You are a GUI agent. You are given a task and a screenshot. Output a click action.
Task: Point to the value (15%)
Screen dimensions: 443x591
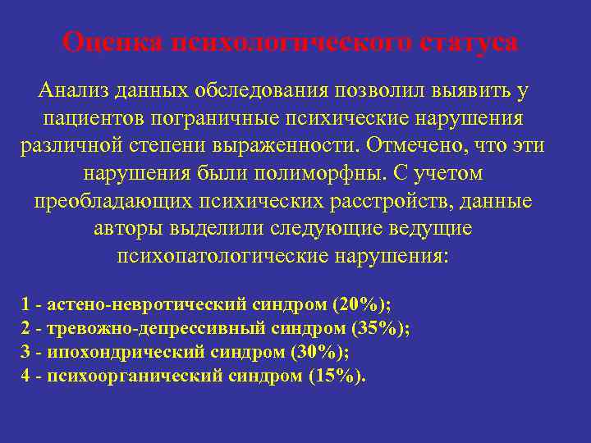click(337, 376)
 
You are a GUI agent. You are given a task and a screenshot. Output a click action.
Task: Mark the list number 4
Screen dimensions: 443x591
click(25, 376)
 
